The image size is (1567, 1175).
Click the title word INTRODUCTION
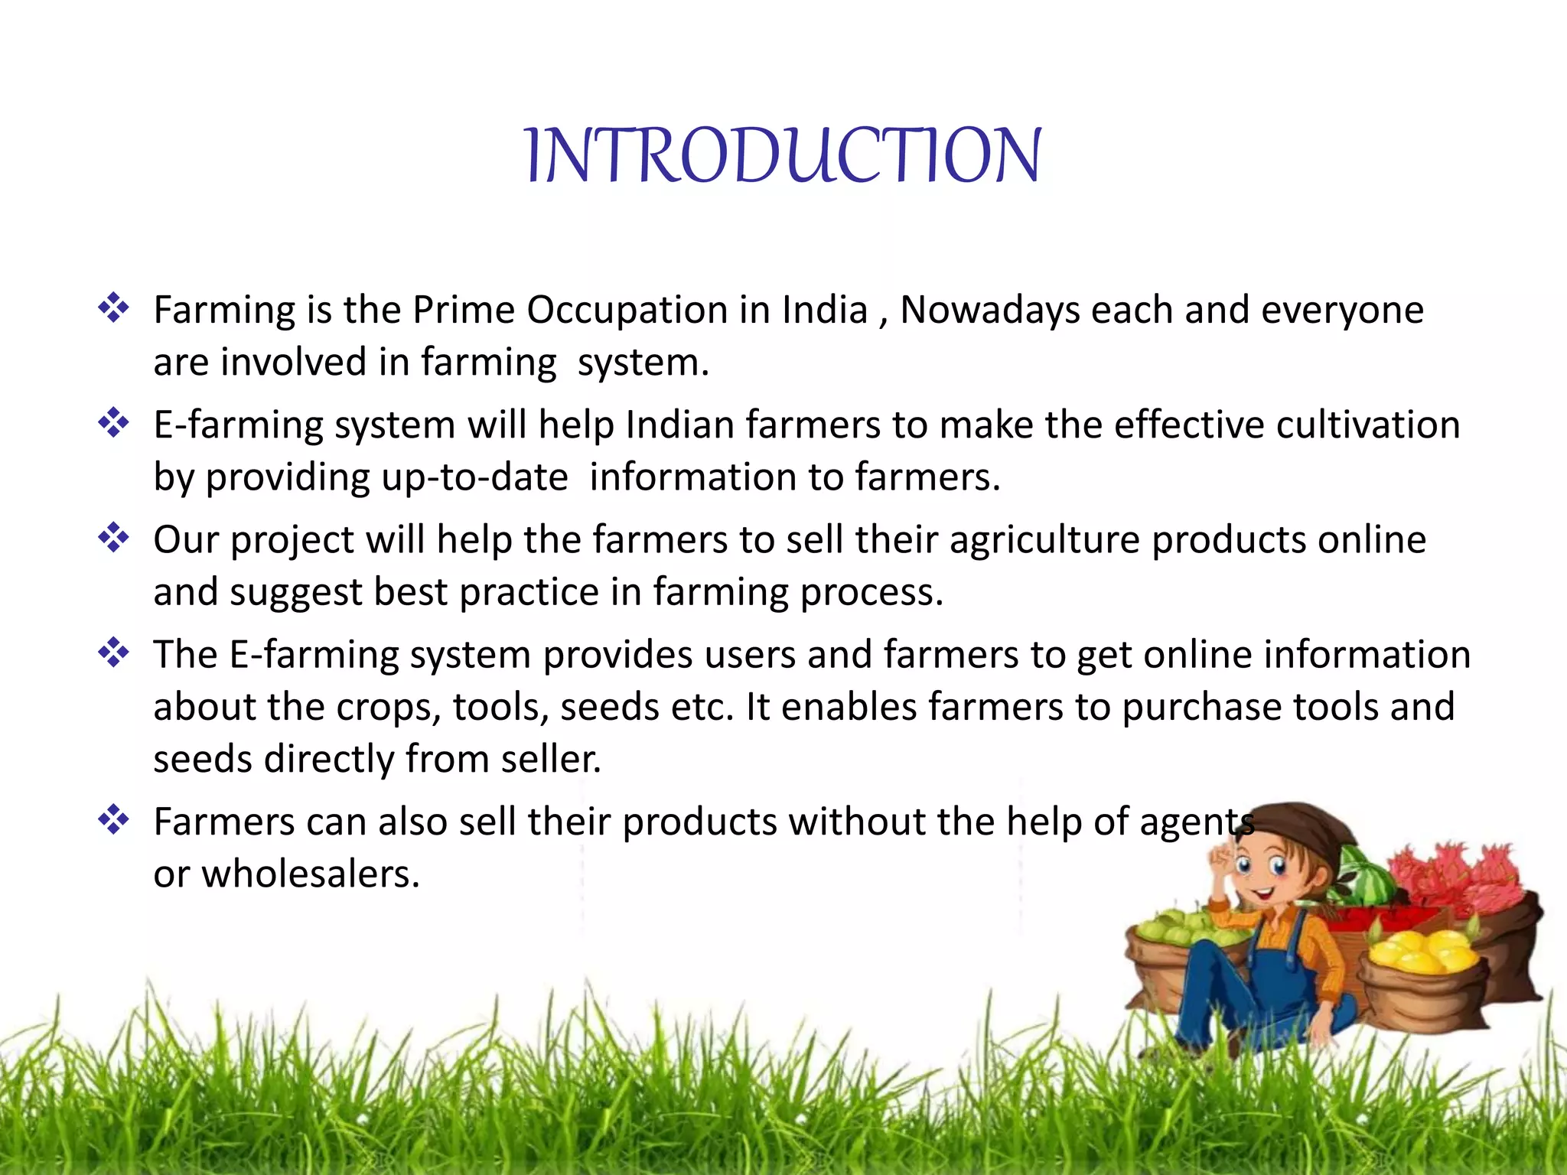(783, 156)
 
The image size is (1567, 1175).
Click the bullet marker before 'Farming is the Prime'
(113, 308)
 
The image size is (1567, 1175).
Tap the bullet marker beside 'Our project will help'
(113, 538)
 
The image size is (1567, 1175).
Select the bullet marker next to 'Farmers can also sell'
(113, 820)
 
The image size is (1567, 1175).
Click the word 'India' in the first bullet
(825, 310)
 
